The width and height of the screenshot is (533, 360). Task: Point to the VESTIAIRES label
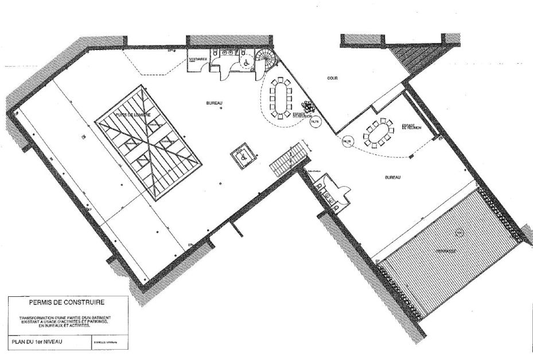click(197, 60)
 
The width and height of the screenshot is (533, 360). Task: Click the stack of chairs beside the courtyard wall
click(308, 106)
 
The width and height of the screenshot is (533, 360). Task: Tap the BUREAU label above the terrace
click(393, 177)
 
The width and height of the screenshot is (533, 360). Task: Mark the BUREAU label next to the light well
click(214, 103)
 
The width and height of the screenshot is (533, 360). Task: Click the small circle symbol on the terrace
click(457, 233)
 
